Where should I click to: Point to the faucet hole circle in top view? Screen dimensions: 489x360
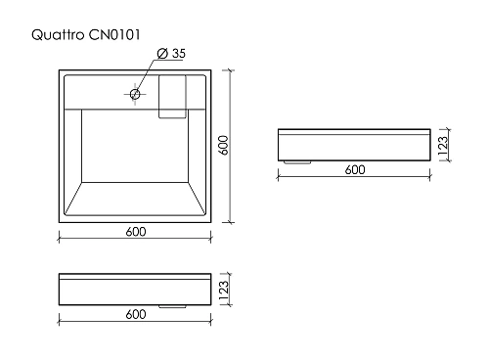[135, 95]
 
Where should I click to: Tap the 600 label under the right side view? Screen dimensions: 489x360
[355, 169]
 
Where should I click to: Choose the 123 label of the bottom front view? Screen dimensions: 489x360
[223, 290]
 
